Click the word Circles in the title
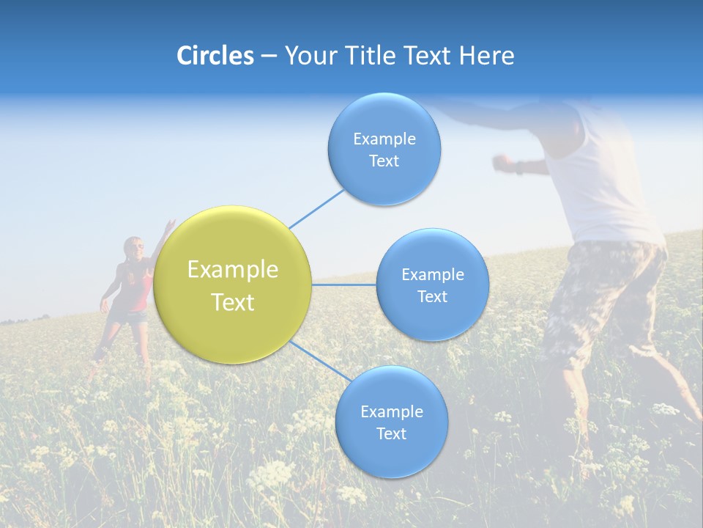(x=215, y=56)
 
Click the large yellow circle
(x=233, y=285)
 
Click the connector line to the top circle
(x=316, y=208)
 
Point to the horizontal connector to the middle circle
(x=344, y=285)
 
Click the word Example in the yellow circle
(x=233, y=269)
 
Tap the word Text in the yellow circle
(x=233, y=302)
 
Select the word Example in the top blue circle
(x=384, y=139)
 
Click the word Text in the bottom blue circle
(x=391, y=433)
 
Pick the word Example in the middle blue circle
(x=432, y=274)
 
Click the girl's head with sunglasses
(x=133, y=248)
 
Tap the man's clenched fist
(x=502, y=161)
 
